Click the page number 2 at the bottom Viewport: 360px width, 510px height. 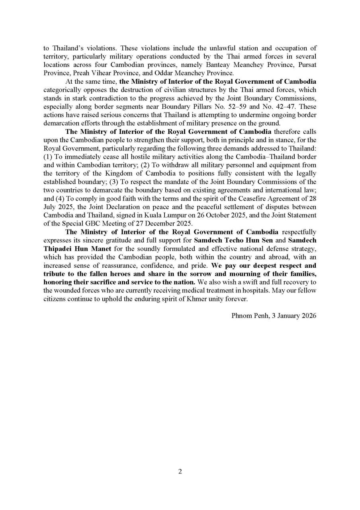(x=180, y=471)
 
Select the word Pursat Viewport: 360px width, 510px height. (x=307, y=66)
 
